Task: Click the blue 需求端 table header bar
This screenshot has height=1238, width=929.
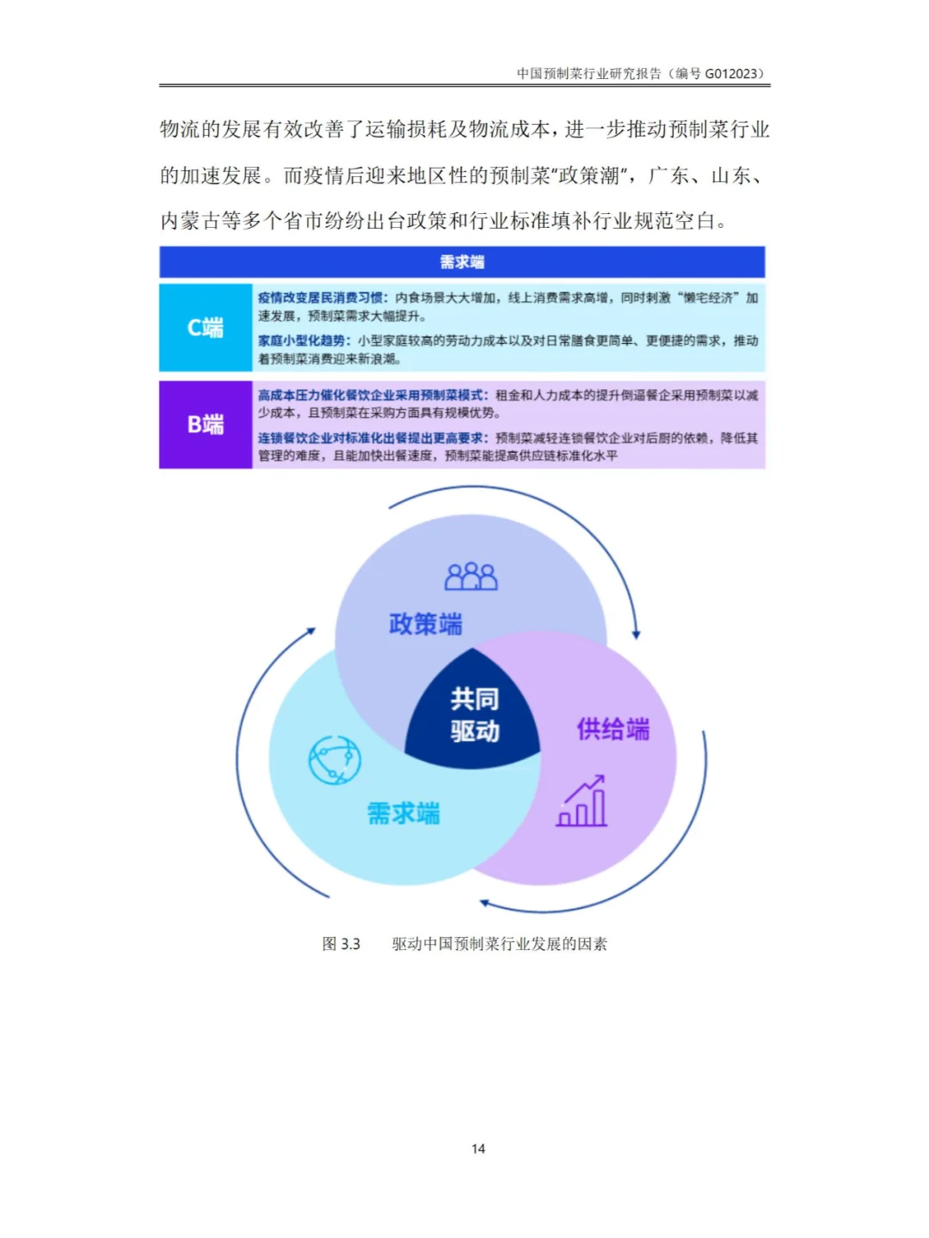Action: [x=462, y=262]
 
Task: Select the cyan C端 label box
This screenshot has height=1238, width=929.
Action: [x=206, y=328]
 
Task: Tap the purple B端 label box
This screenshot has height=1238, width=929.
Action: [x=206, y=425]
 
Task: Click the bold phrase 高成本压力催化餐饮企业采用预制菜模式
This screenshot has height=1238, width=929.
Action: [x=372, y=395]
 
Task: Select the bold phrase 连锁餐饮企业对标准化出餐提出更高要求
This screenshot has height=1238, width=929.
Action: [x=372, y=438]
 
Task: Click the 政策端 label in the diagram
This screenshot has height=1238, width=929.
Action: [x=425, y=624]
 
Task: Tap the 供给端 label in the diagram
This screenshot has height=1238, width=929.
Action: [x=613, y=730]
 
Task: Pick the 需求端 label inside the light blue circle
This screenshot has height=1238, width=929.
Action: [x=403, y=813]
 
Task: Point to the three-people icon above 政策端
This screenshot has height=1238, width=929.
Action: [x=471, y=577]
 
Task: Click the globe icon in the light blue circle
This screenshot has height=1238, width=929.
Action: [x=335, y=760]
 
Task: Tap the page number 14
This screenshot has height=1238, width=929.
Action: [x=478, y=1149]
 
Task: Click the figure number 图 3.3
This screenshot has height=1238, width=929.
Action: [x=341, y=944]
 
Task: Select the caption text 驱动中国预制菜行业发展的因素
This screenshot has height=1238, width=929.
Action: [x=500, y=944]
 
